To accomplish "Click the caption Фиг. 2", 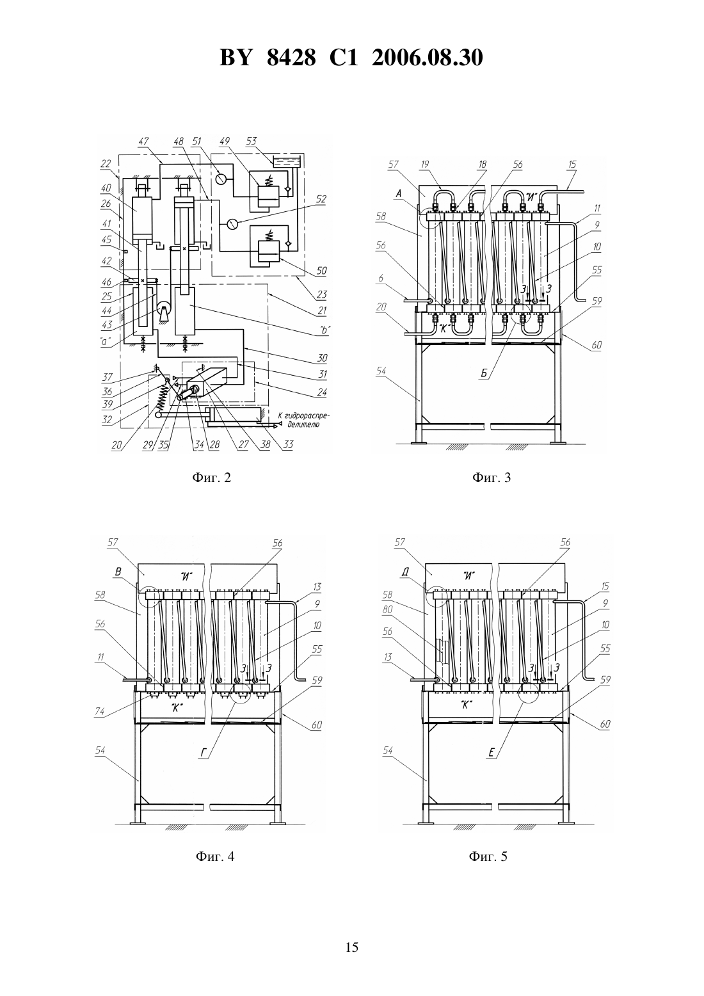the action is click(x=212, y=478).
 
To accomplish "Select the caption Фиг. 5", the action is click(x=488, y=856).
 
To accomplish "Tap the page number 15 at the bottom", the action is click(x=351, y=947).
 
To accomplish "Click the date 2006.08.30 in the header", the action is click(x=427, y=58).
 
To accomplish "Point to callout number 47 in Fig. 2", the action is click(x=143, y=141).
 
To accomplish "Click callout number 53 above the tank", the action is click(x=252, y=141).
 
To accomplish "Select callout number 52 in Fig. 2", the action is click(x=321, y=199).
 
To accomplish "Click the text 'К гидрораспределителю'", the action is click(x=304, y=420).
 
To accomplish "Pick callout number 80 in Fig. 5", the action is click(x=388, y=609).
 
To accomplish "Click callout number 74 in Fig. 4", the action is click(x=99, y=711).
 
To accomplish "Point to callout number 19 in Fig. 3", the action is click(x=425, y=165).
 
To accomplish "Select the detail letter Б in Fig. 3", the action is click(x=484, y=374).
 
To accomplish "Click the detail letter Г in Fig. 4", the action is click(x=204, y=753).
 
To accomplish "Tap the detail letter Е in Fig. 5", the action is click(x=492, y=752).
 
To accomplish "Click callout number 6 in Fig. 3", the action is click(x=380, y=278).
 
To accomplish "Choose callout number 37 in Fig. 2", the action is click(x=108, y=377).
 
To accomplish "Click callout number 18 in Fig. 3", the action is click(x=483, y=165).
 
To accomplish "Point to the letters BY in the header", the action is click(x=236, y=58).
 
